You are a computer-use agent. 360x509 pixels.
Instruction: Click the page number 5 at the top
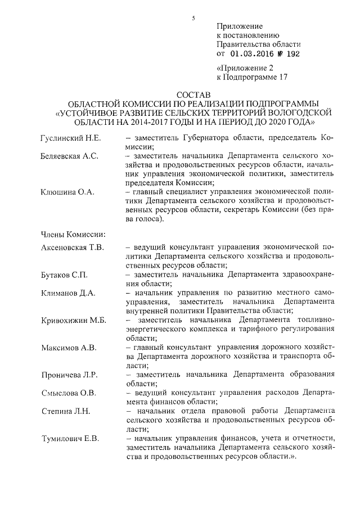point(192,18)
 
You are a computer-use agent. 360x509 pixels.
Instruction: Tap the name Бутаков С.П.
point(64,275)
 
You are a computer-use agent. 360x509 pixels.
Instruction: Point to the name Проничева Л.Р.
point(69,375)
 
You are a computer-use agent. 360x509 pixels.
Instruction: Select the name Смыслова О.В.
point(68,393)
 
